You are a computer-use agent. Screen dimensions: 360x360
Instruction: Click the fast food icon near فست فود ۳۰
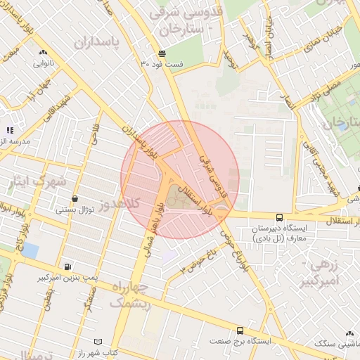[x=162, y=53]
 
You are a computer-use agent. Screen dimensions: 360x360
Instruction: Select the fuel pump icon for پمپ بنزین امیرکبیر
[x=67, y=266]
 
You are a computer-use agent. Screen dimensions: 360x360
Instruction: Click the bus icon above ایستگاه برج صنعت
[x=240, y=330]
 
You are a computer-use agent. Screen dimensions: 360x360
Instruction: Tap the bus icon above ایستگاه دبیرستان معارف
[x=279, y=217]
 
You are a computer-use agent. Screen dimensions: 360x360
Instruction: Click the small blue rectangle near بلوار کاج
[x=30, y=250]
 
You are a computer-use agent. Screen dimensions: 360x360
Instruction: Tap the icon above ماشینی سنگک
[x=349, y=333]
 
